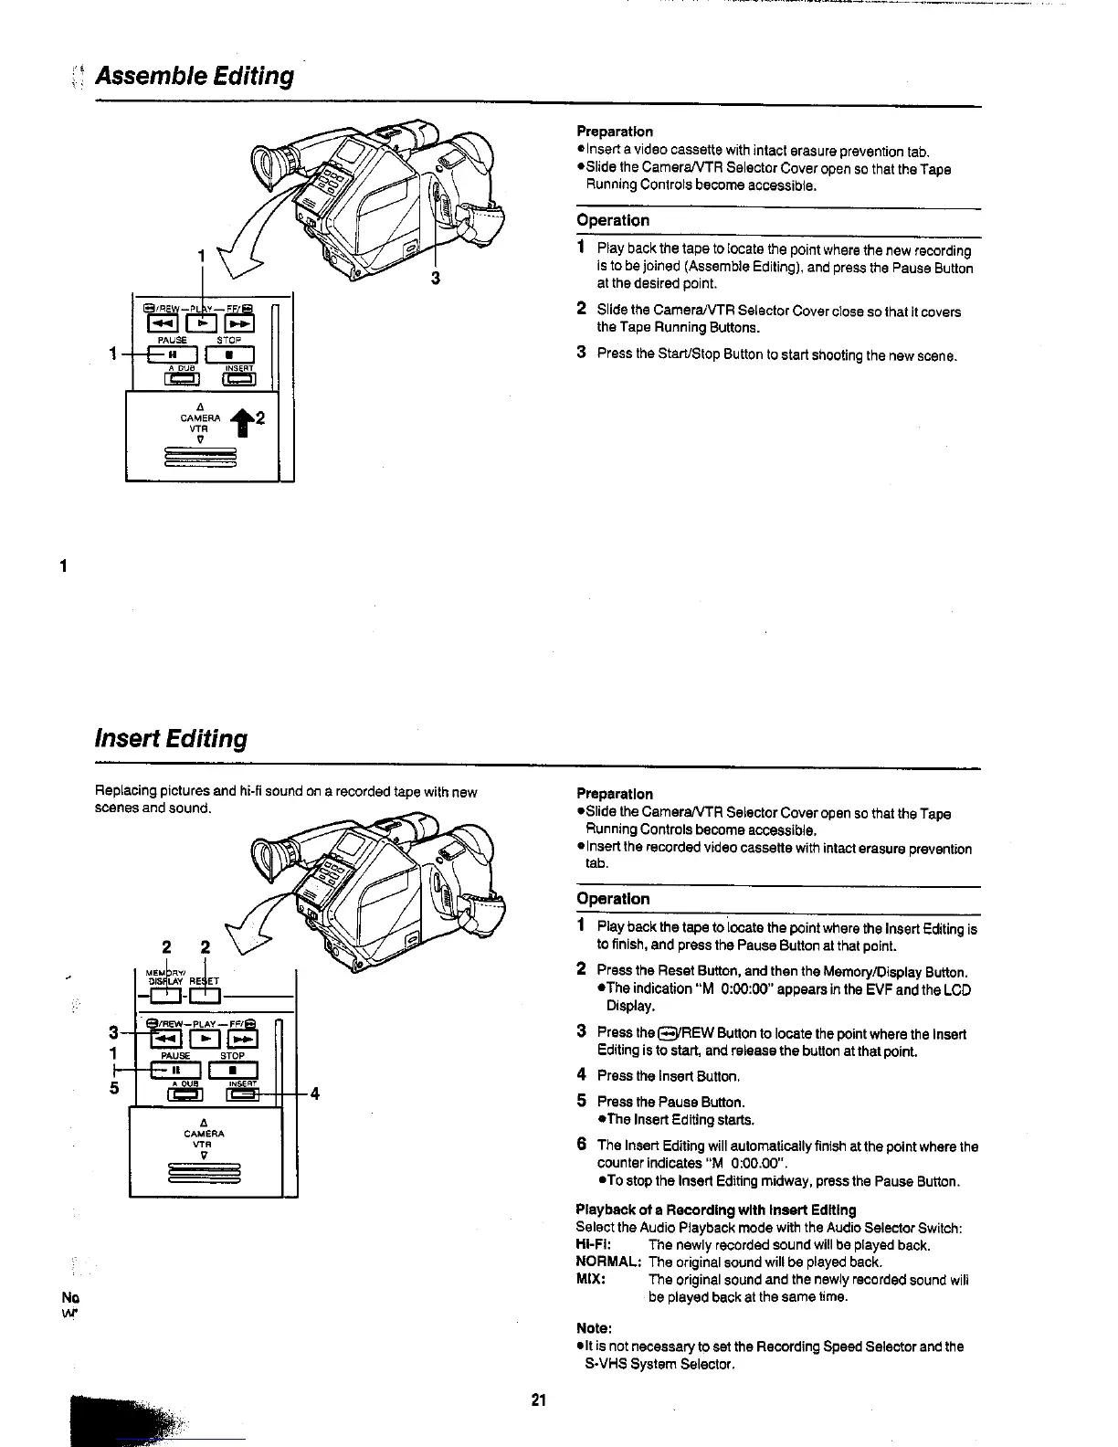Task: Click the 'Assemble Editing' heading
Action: click(x=195, y=76)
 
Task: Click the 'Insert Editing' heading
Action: click(x=171, y=738)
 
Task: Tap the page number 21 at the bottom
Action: click(x=538, y=1399)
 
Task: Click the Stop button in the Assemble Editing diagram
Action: click(x=230, y=354)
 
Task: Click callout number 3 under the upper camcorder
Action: click(x=436, y=279)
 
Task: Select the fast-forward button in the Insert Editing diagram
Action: click(x=242, y=1039)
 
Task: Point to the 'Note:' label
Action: click(x=594, y=1328)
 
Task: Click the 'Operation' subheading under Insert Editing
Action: click(x=613, y=899)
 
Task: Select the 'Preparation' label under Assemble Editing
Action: click(x=615, y=132)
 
